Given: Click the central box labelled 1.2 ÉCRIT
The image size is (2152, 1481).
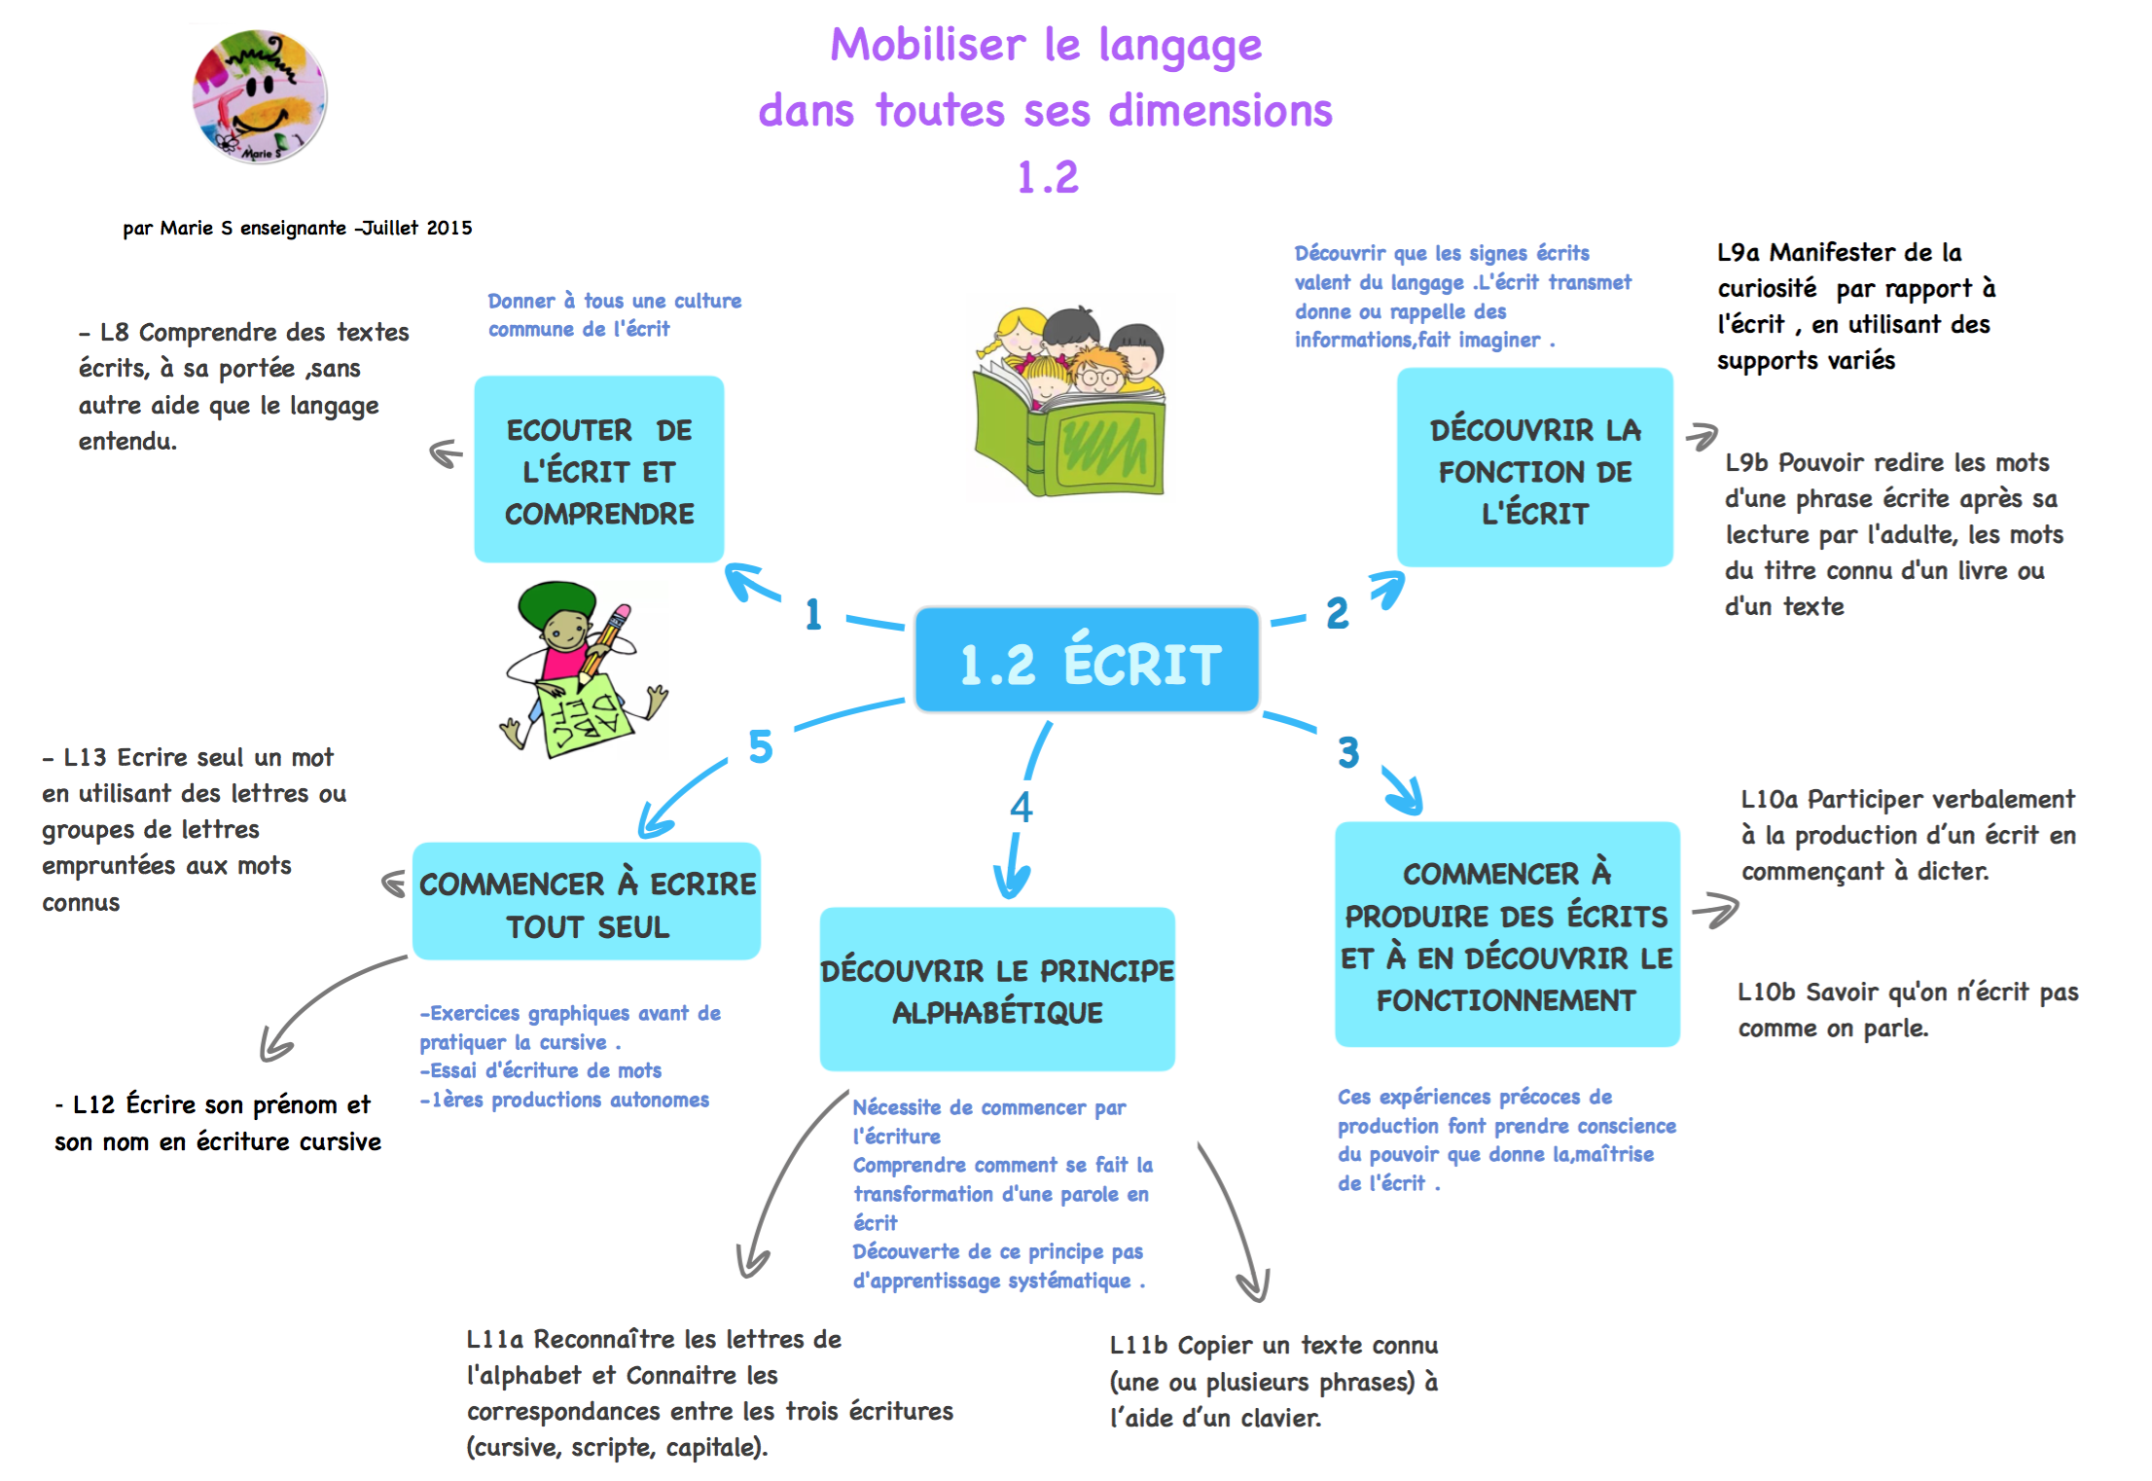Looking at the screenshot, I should point(1087,661).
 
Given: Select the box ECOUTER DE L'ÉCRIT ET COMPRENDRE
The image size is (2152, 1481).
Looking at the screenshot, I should point(598,470).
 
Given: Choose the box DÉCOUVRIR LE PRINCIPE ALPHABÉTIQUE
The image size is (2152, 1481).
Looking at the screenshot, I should point(997,990).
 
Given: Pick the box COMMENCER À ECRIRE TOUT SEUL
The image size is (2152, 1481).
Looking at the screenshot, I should point(587,902).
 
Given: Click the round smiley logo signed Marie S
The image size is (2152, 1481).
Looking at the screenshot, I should point(259,96).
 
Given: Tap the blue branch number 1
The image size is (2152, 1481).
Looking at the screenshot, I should point(813,614).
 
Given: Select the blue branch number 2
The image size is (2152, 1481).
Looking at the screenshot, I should point(1338,613).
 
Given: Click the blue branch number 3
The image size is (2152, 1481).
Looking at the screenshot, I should point(1347,752).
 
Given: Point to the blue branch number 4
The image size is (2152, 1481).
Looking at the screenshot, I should point(1021,807).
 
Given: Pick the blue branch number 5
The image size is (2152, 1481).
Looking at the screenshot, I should point(760,747).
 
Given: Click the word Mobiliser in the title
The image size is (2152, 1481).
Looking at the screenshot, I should point(926,46).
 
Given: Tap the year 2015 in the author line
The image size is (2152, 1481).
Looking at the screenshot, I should point(449,228).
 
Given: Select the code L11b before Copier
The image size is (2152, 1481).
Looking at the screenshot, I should point(1138,1346).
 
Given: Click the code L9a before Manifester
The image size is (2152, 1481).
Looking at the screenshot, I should point(1738,253).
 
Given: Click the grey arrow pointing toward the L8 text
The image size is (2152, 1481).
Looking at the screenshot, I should point(446,453).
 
